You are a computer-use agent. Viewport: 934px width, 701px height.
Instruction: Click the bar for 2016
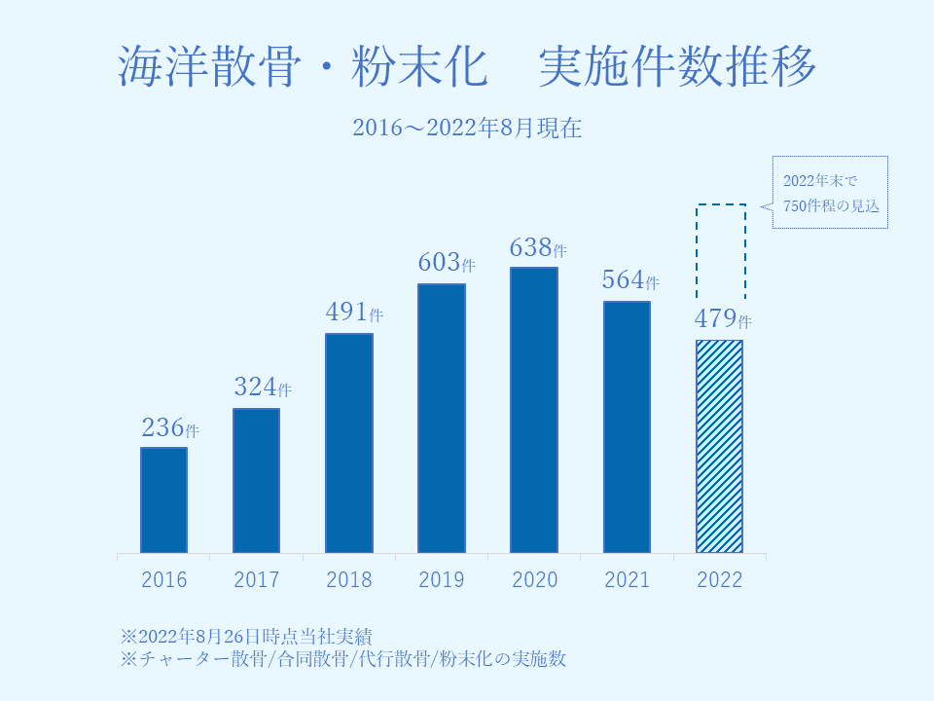coord(163,500)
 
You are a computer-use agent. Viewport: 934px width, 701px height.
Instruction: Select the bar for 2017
coord(257,481)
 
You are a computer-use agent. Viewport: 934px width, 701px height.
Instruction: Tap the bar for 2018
coord(349,444)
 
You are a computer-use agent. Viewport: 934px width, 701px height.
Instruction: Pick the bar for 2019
coord(442,419)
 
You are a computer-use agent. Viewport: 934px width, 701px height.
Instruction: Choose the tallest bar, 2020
coord(534,411)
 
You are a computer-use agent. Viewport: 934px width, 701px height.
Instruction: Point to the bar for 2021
coord(627,427)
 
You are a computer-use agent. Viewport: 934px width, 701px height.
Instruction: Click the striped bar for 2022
coord(719,447)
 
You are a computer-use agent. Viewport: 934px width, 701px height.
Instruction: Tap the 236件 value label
coord(170,427)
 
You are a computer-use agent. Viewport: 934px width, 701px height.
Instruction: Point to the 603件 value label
coord(447,263)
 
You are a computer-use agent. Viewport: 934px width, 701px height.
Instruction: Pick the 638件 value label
coord(538,248)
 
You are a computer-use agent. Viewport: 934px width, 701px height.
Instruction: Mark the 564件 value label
coord(630,280)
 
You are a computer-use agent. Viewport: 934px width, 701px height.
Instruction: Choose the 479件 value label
coord(723,318)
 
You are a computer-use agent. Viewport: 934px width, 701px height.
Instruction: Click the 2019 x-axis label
coord(442,580)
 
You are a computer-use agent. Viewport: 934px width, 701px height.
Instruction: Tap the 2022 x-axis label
coord(720,580)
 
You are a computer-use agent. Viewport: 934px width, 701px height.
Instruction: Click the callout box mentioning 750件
coord(830,193)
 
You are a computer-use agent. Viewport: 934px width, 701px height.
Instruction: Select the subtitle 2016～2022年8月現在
coord(467,128)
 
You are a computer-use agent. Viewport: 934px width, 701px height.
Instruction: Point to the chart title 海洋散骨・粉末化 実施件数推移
coord(467,66)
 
